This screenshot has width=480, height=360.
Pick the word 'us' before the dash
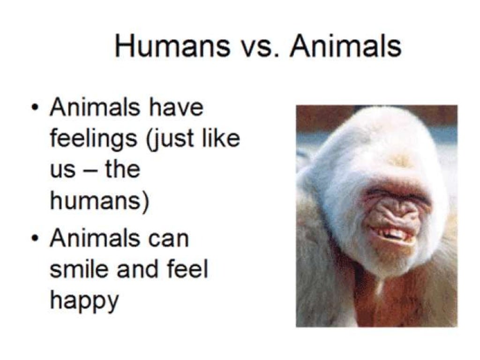[x=61, y=170]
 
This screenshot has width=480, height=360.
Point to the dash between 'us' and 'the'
[x=89, y=170]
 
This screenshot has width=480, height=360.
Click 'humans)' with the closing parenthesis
[x=100, y=202]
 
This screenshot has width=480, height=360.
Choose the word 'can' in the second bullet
[x=167, y=239]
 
